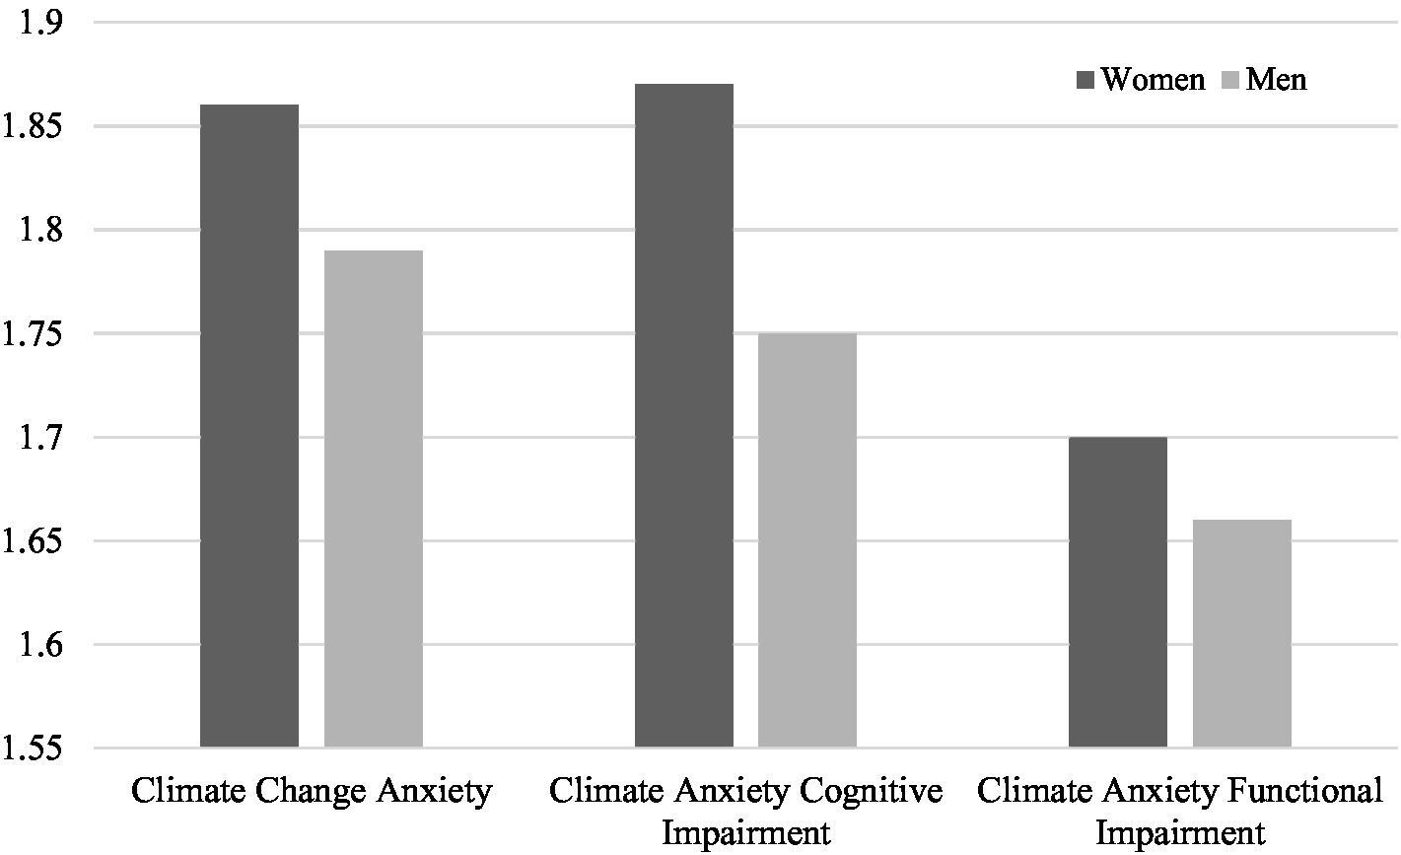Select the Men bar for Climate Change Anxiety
pos(374,499)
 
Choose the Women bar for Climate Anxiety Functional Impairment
pos(1118,592)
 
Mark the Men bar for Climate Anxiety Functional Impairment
pos(1242,633)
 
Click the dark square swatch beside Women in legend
pos(1086,79)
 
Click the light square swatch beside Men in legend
pos(1229,79)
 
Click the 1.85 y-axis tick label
pos(35,126)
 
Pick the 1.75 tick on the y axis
pos(35,333)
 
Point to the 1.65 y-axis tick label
pos(35,541)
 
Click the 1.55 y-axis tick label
pos(35,748)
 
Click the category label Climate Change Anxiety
pos(312,792)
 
